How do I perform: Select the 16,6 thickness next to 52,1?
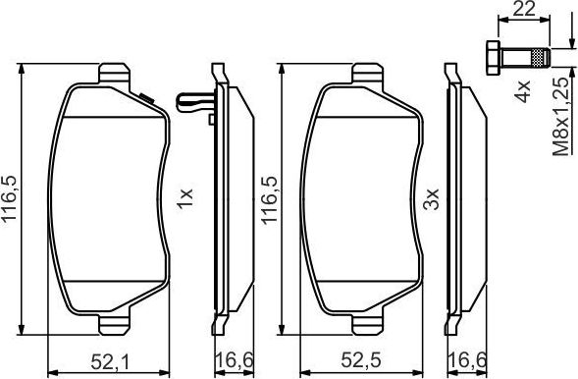click(x=229, y=359)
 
